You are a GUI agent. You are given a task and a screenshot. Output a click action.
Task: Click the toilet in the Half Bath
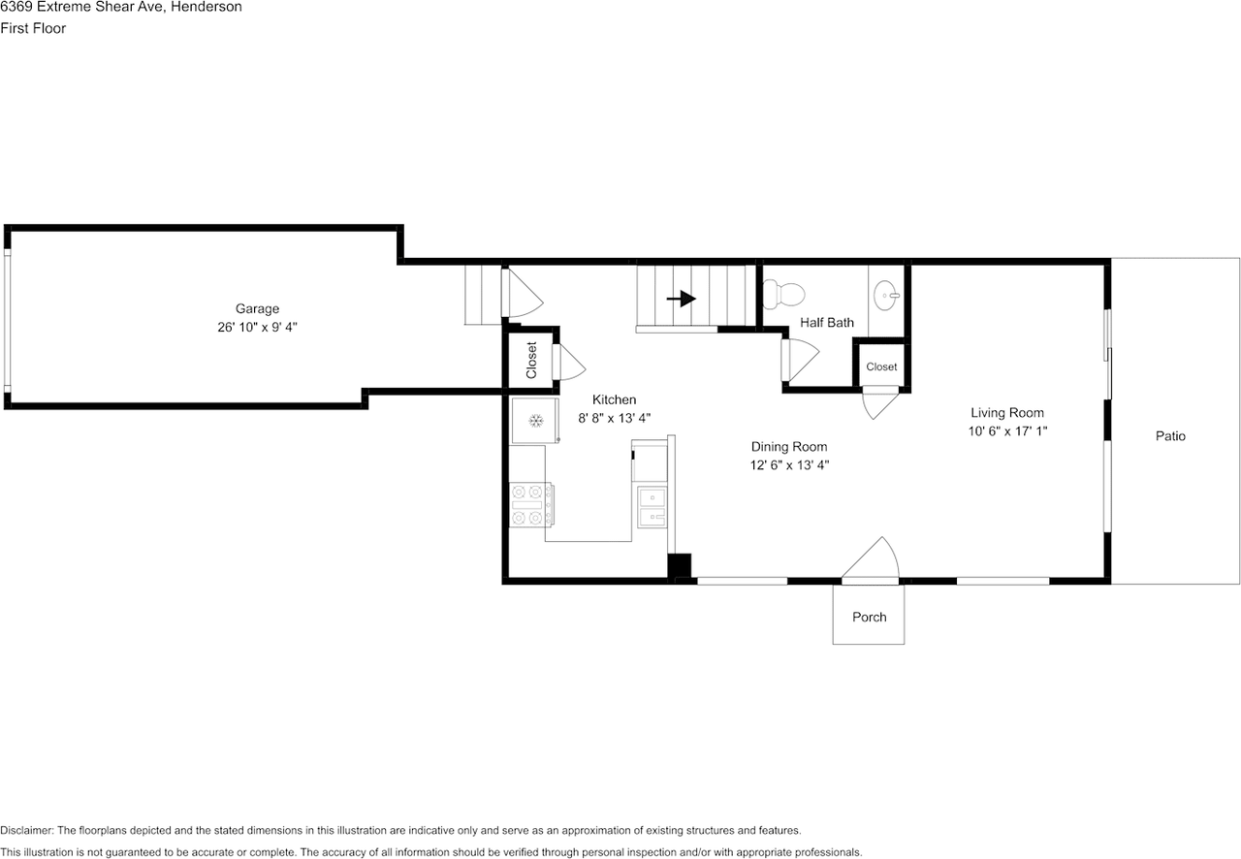tap(783, 294)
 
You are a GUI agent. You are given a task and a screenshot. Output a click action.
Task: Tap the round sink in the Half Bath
tap(886, 296)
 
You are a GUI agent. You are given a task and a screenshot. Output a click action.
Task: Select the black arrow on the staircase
tap(682, 299)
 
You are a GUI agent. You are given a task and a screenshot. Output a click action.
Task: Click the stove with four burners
tap(530, 505)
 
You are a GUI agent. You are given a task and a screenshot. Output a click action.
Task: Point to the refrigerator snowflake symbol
tap(535, 421)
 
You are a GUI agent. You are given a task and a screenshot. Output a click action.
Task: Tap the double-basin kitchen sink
tap(652, 507)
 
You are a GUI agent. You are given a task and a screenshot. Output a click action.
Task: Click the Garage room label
tap(257, 308)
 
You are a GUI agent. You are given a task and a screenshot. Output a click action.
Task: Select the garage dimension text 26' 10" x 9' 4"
tap(257, 327)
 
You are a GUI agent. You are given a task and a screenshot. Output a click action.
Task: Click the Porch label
tap(870, 617)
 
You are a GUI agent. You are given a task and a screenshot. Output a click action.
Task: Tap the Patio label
tap(1170, 436)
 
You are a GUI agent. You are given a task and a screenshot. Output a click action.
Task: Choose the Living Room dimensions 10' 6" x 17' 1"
tap(1007, 430)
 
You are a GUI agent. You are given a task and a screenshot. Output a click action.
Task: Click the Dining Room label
tap(789, 447)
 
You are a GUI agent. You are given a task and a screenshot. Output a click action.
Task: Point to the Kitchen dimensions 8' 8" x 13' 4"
tap(614, 418)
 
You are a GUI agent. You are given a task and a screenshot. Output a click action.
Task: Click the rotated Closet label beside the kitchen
tap(531, 361)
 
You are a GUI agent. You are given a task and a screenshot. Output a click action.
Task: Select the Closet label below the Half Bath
tap(881, 366)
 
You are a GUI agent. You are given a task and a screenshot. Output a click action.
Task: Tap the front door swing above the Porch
tap(871, 559)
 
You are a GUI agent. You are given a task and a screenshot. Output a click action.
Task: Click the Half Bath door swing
tap(800, 361)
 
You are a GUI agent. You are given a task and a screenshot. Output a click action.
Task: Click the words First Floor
tap(33, 28)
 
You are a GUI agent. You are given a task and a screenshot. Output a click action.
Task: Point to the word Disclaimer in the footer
tap(26, 830)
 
